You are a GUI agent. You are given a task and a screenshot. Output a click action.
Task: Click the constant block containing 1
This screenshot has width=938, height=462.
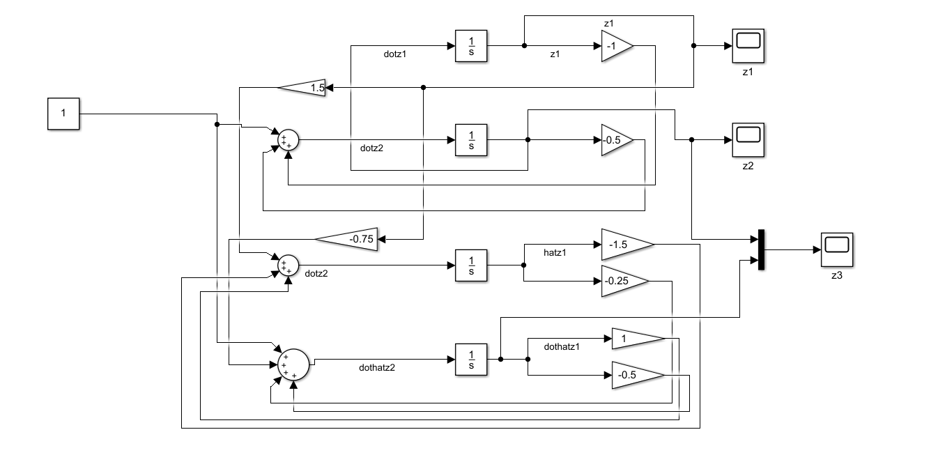point(63,114)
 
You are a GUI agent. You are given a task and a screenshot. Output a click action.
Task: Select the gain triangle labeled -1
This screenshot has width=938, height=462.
point(615,46)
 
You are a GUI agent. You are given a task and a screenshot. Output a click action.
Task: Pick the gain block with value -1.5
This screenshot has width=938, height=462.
point(624,245)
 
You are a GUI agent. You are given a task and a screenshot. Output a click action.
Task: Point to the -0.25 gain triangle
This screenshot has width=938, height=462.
point(622,281)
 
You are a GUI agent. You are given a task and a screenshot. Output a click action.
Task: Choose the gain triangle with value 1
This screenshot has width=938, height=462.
point(635,339)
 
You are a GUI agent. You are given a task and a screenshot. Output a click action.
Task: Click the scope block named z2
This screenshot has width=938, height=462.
point(748,139)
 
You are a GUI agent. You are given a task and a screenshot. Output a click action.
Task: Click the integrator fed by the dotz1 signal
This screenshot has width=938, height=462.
point(471,46)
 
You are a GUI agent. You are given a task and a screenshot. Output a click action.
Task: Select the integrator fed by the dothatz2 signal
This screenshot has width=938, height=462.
point(471,360)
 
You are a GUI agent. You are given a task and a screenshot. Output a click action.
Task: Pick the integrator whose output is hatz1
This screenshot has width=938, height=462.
point(471,265)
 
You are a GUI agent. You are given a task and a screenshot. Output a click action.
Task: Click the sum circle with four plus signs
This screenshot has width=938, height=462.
point(293,364)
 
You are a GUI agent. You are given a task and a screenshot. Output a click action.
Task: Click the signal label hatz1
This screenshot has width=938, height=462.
point(555,252)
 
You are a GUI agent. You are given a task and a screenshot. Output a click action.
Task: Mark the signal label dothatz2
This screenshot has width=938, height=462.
point(377,368)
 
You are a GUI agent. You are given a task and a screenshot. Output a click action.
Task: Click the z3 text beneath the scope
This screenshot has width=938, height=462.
point(837,275)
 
